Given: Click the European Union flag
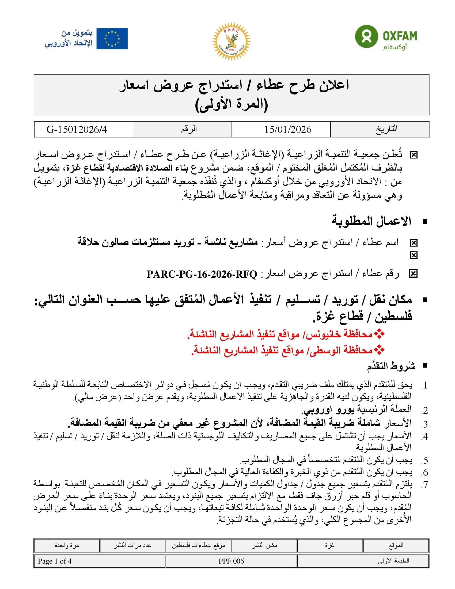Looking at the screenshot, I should coord(112,39).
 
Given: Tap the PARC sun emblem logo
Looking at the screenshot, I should coord(231,41).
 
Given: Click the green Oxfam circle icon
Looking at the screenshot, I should coord(366,36).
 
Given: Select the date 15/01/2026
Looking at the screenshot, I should coord(288,130).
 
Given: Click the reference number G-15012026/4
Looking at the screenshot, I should coord(77,130).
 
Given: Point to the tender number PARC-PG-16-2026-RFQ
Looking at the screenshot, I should coord(202,274).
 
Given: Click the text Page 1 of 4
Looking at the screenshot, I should coord(55,561).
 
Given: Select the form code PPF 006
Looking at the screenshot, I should coord(231,561).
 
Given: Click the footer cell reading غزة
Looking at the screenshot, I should coord(330,545).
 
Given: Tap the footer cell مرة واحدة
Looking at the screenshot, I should coord(67,545).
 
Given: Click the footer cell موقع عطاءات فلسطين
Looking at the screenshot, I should coord(198,545).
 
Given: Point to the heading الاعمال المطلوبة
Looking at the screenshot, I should coord(371,221).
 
